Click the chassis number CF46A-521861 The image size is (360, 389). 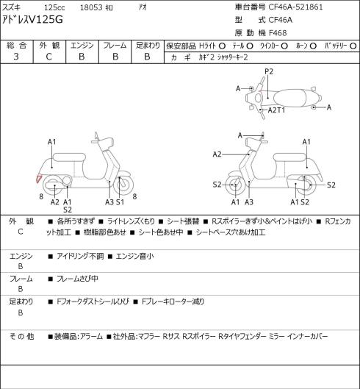point(295,7)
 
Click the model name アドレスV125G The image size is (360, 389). point(32,19)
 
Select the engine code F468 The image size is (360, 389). point(278,33)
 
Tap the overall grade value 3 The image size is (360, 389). point(16,57)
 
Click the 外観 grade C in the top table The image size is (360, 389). point(48,57)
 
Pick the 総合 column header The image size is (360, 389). point(16,46)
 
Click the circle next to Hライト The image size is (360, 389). point(222,46)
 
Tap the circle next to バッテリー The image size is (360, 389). point(353,46)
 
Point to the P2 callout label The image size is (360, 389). point(269,72)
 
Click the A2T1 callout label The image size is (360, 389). point(276,110)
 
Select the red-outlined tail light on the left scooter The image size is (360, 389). point(39,179)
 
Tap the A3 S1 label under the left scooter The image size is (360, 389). point(115,202)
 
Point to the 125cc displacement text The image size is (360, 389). point(54,7)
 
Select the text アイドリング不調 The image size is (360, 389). point(80,256)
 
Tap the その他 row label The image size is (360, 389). point(21,337)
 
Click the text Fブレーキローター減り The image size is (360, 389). point(173,301)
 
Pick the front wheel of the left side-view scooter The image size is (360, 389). point(123,185)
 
